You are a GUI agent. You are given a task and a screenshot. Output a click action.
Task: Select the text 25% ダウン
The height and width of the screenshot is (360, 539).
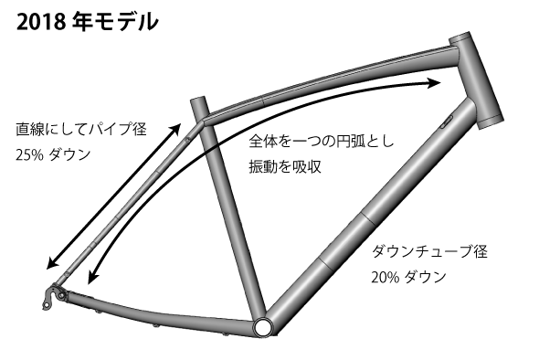coord(53,154)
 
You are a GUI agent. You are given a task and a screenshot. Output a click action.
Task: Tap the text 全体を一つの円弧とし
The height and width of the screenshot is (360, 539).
coord(323,143)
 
